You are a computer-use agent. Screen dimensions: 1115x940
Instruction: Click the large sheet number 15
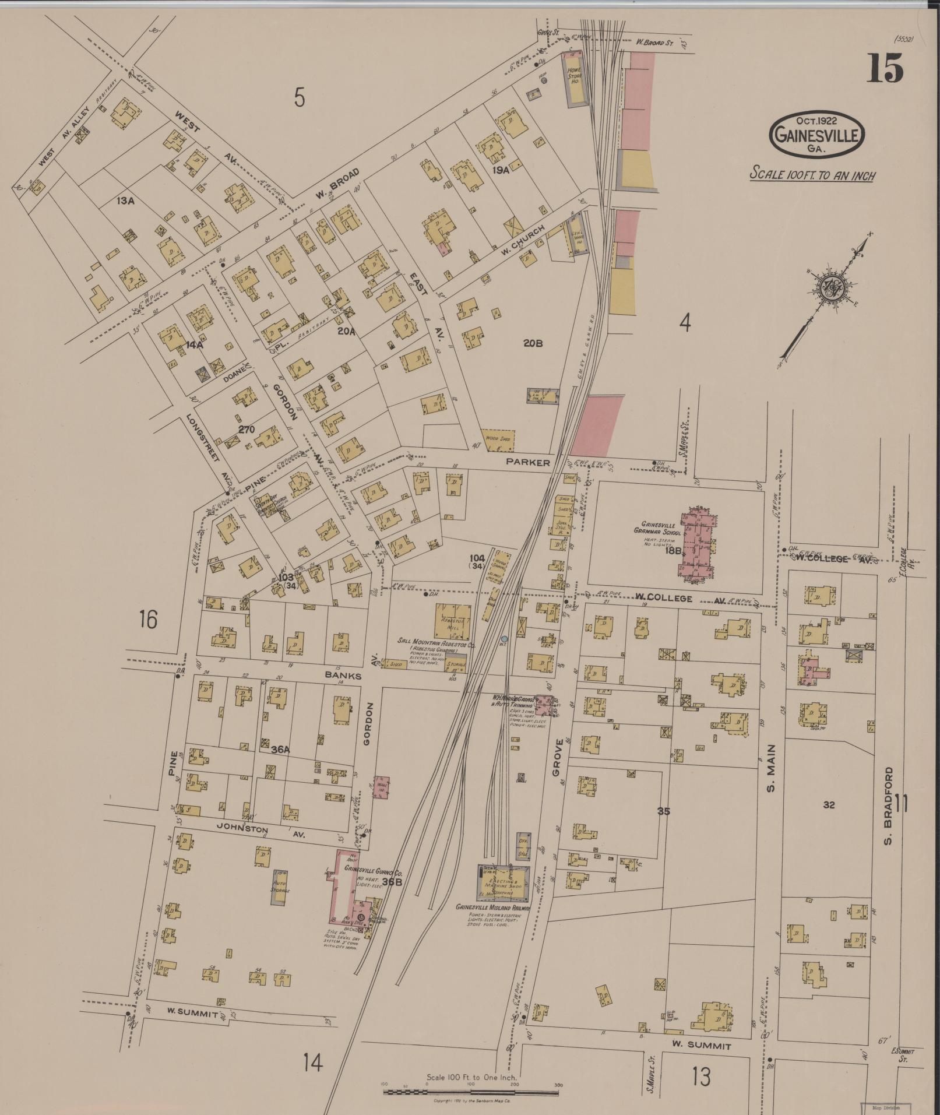(884, 69)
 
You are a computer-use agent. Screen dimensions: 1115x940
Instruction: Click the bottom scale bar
(471, 1091)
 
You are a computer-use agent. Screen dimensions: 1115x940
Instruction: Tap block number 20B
(533, 343)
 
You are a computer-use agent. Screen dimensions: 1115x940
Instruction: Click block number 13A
(125, 201)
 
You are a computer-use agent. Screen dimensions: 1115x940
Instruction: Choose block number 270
(247, 429)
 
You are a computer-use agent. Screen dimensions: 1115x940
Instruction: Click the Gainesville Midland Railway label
(493, 908)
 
